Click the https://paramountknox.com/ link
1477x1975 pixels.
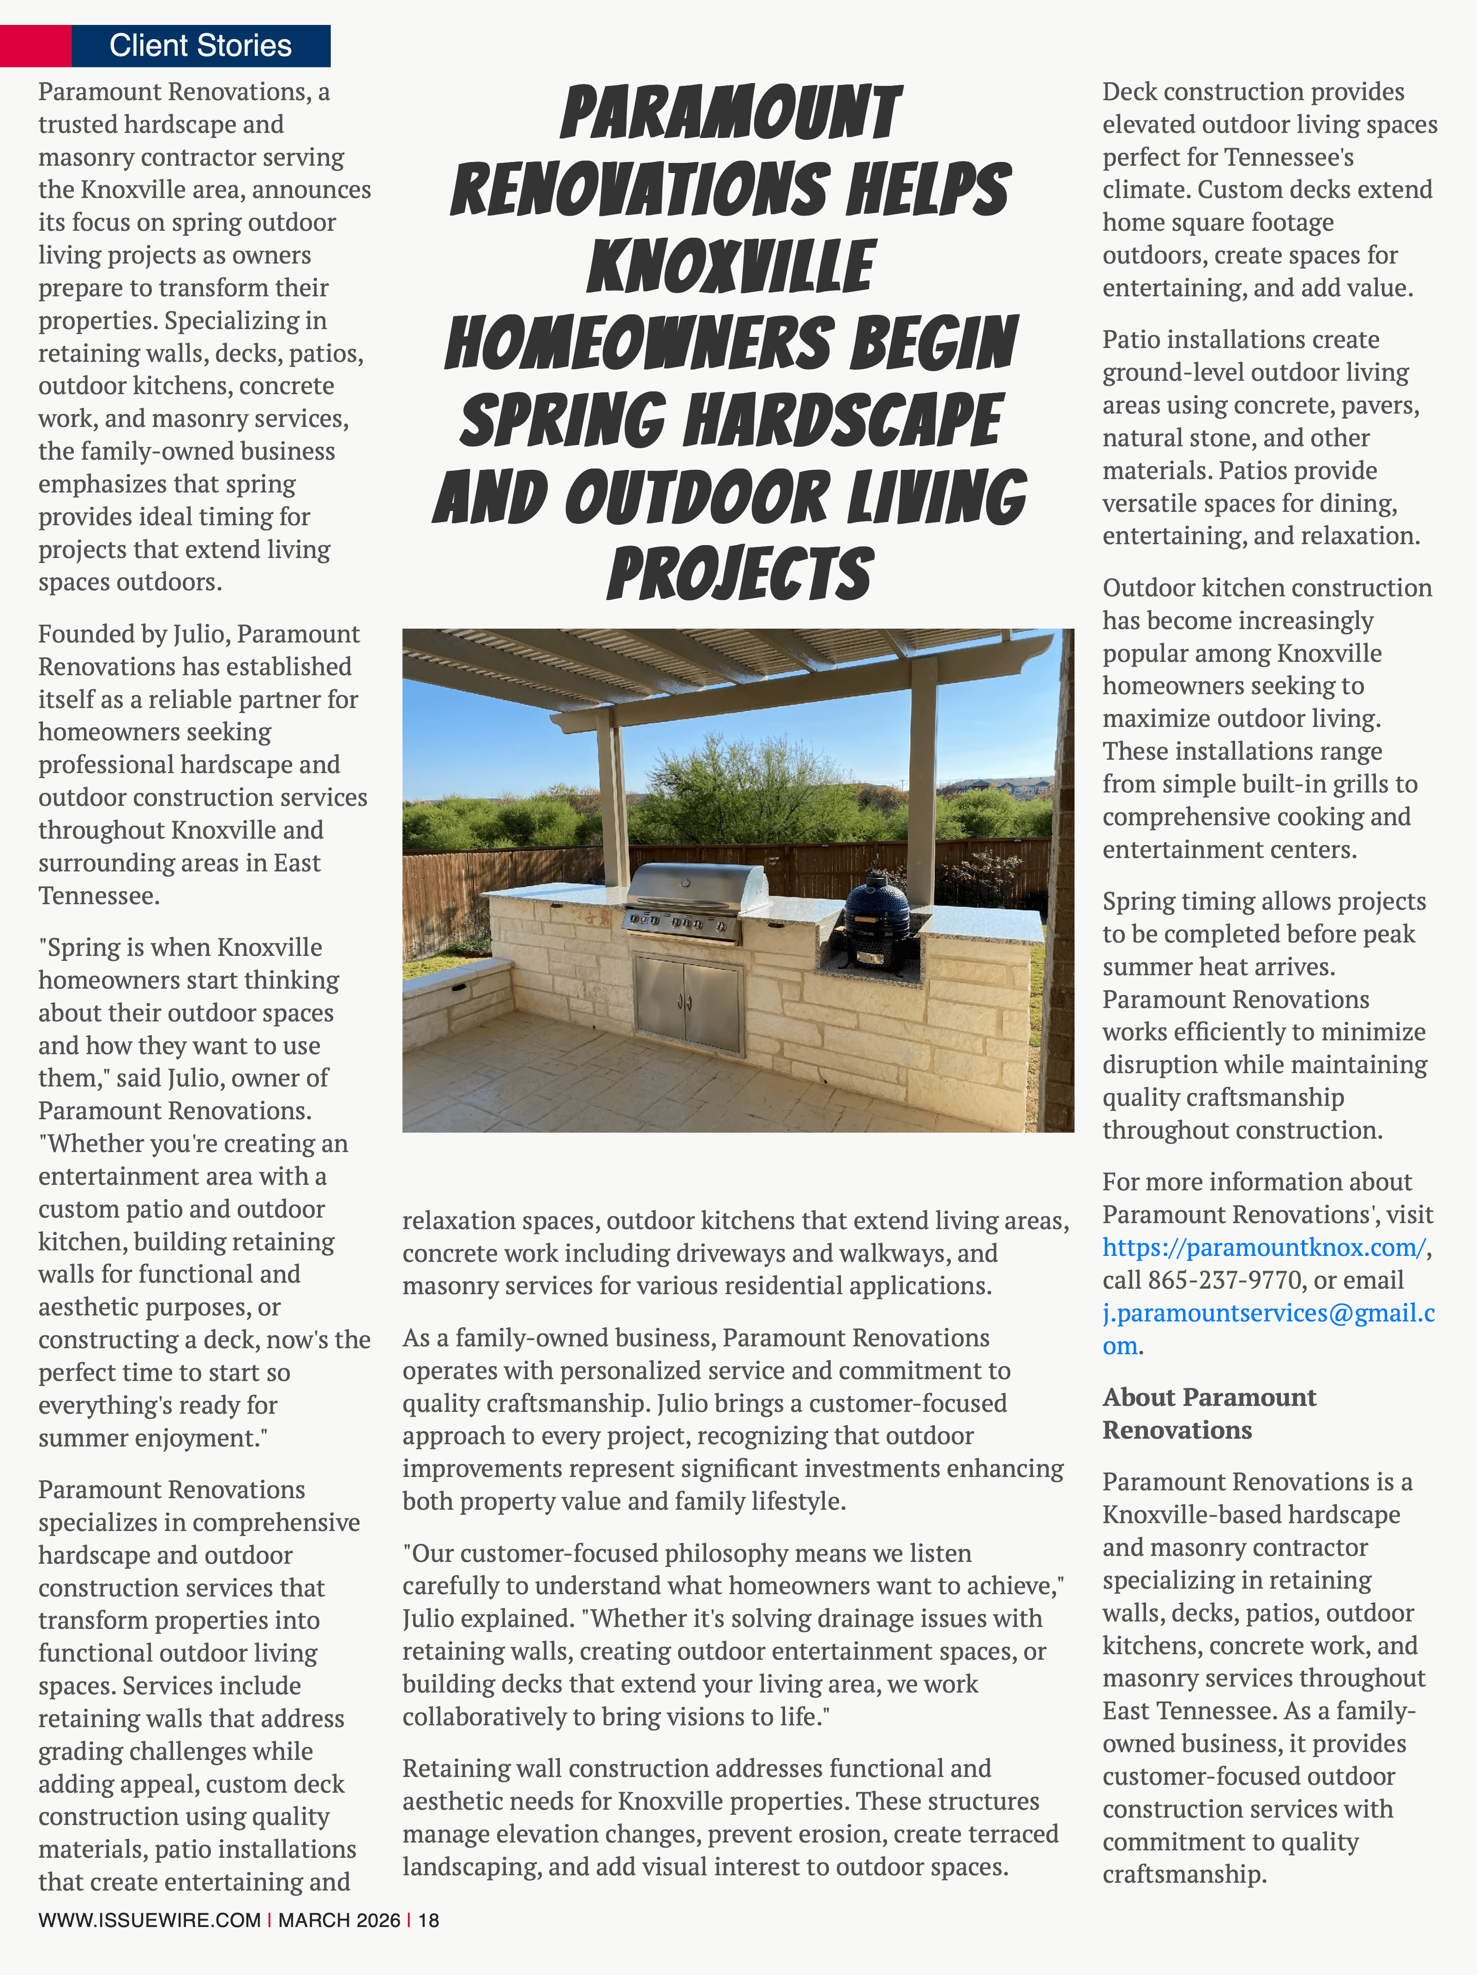pos(1264,1247)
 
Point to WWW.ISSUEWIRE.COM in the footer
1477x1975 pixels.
pos(149,1920)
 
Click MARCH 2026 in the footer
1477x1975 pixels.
pos(339,1920)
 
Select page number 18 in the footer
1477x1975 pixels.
pos(429,1920)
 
